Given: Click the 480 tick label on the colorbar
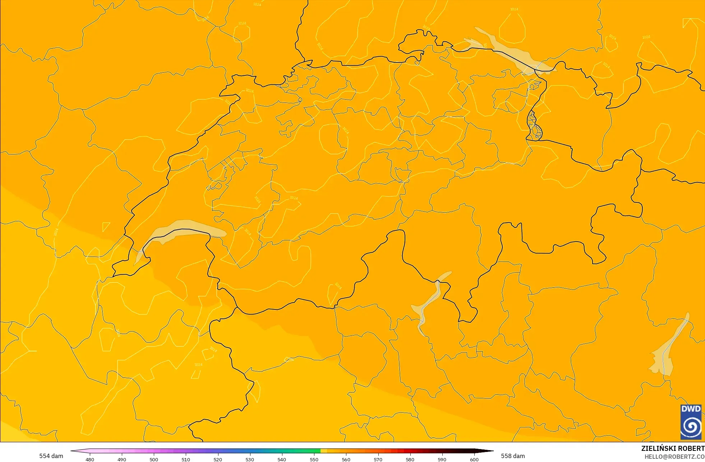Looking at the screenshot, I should point(90,459).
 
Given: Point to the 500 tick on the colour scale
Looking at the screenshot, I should point(154,459).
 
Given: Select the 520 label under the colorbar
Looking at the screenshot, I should point(218,459).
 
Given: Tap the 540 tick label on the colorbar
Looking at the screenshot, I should point(282,459).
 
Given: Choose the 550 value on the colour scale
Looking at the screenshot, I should point(314,459).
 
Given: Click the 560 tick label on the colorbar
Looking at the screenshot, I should point(346,459).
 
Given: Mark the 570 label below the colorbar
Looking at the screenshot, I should point(378,459).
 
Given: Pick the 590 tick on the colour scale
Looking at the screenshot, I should point(442,459).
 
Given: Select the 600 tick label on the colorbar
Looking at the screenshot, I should point(474,459).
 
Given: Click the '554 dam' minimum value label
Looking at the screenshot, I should point(51,456).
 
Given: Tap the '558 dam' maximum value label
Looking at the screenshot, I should point(513,456).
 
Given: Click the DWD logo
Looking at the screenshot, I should point(691,422).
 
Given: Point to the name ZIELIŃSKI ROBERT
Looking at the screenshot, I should point(673,448).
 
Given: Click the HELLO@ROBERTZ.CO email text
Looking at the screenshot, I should point(674,457).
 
